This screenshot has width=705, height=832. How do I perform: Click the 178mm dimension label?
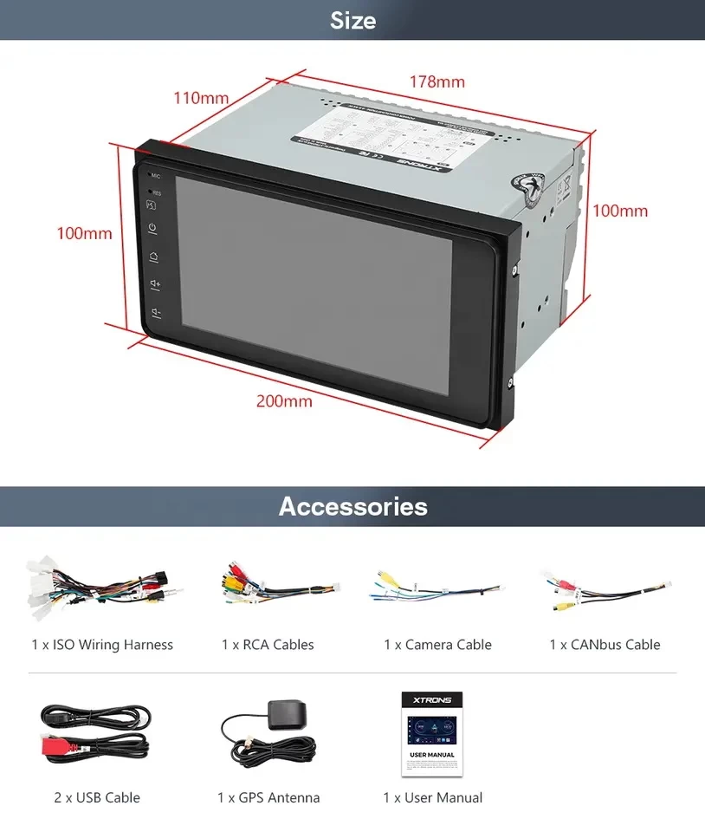tap(437, 82)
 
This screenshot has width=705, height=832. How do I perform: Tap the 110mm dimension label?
tap(201, 97)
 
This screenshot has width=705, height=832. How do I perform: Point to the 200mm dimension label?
tap(284, 401)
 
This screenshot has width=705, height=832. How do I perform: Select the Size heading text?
tap(352, 20)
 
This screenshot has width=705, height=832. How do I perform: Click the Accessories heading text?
tap(352, 506)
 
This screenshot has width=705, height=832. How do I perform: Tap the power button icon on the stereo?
tap(152, 229)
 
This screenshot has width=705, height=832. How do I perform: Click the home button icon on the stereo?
tap(153, 257)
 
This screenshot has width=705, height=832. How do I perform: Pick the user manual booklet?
tap(432, 731)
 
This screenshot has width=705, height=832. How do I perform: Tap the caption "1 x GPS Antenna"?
tap(268, 797)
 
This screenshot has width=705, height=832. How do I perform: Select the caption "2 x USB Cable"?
tap(97, 797)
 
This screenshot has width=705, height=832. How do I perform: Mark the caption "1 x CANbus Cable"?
tap(605, 645)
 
